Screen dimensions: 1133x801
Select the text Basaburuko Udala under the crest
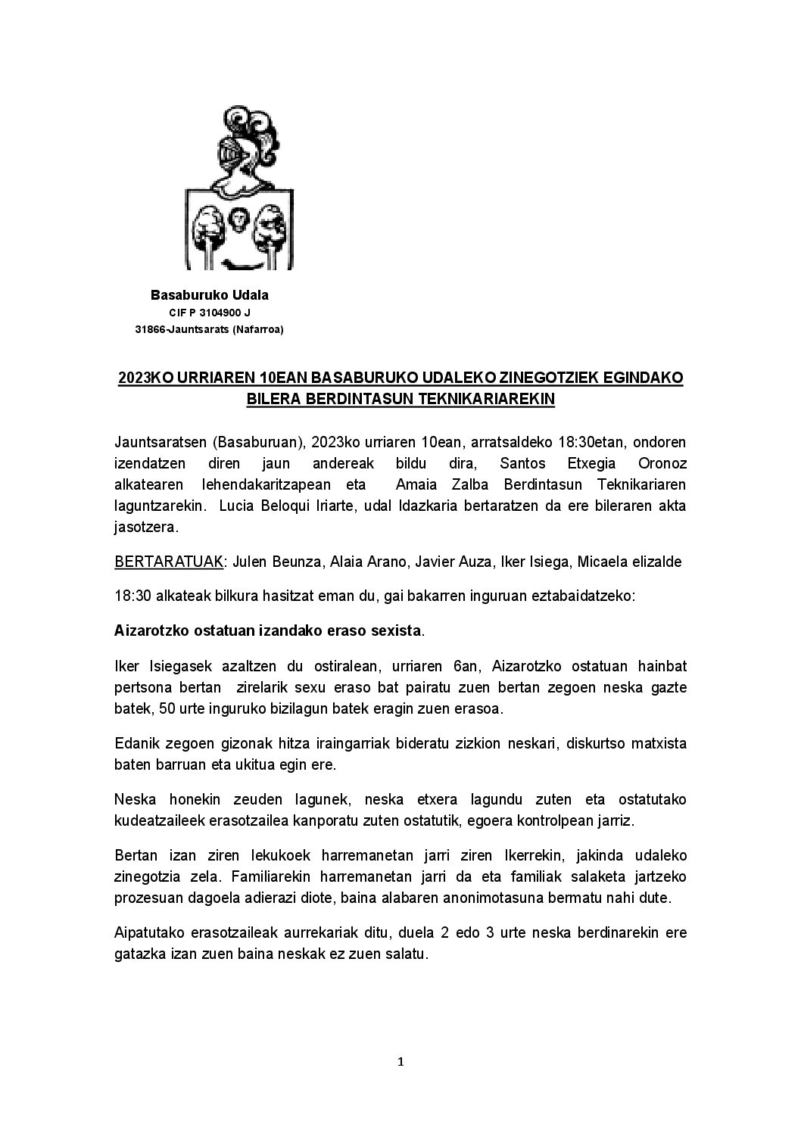(x=210, y=294)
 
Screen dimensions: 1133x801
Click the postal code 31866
(x=149, y=329)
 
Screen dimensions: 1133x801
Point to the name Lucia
(x=236, y=506)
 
